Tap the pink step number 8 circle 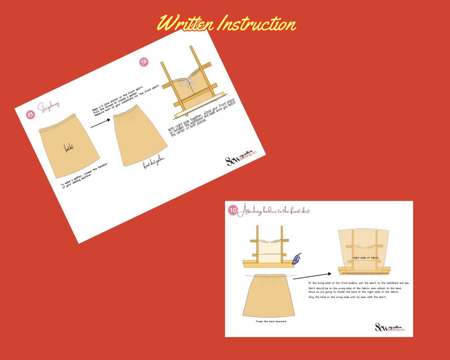[31, 115]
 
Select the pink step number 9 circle [144, 62]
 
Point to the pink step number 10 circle [233, 210]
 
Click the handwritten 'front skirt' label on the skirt [69, 148]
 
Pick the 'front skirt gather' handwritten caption [154, 162]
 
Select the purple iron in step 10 [297, 259]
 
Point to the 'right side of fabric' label [366, 258]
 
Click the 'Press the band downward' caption [271, 321]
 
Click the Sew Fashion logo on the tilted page [241, 158]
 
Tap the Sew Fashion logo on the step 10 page [390, 327]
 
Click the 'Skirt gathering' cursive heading [49, 107]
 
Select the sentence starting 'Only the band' [347, 297]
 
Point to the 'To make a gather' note [84, 176]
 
